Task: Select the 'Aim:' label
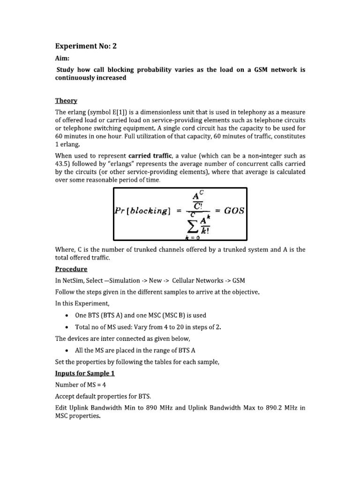pyautogui.click(x=63, y=59)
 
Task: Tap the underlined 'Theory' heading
pyautogui.click(x=66, y=101)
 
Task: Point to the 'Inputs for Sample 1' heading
pyautogui.click(x=85, y=374)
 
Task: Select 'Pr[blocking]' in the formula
pyautogui.click(x=142, y=211)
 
